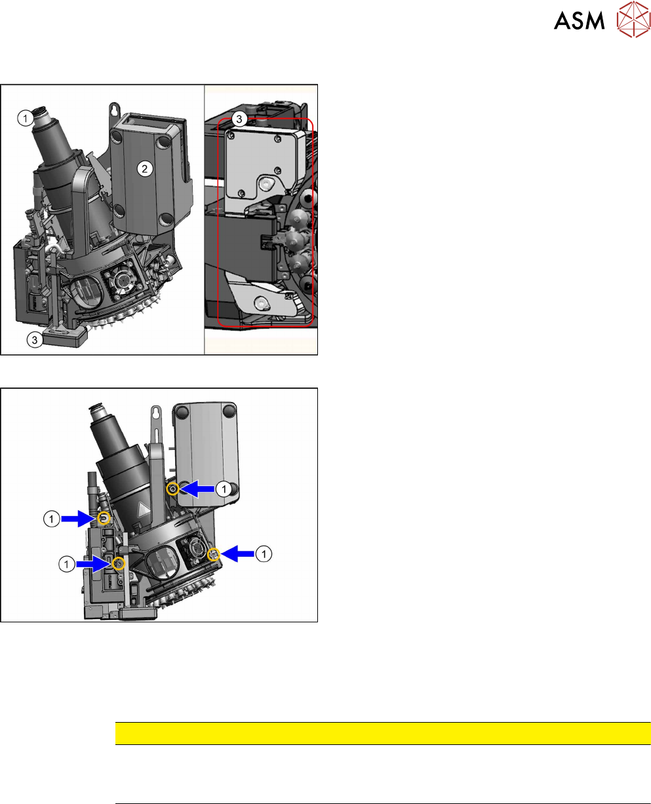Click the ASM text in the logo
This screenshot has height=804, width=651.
tap(579, 20)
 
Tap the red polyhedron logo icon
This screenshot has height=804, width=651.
tap(634, 19)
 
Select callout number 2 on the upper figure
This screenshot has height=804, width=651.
tap(145, 169)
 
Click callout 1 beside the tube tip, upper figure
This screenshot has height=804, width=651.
tap(26, 119)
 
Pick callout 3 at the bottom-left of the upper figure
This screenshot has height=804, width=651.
tap(34, 340)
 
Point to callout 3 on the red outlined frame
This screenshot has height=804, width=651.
tap(239, 119)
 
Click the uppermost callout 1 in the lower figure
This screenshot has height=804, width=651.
tap(224, 489)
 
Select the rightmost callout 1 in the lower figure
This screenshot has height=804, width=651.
tap(264, 554)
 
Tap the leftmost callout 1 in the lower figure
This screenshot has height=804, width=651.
tap(51, 519)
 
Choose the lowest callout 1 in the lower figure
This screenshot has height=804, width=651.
tap(66, 565)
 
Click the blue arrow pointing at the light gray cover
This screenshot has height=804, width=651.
tap(197, 489)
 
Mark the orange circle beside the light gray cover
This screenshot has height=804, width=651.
tap(173, 489)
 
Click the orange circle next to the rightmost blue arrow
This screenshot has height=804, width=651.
tap(214, 555)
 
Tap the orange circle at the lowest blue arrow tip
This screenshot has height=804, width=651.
tap(119, 563)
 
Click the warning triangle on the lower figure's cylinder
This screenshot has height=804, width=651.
tap(143, 511)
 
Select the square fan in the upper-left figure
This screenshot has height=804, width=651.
tap(123, 281)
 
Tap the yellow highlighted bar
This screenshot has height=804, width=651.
tap(383, 733)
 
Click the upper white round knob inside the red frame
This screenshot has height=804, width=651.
tap(266, 184)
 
